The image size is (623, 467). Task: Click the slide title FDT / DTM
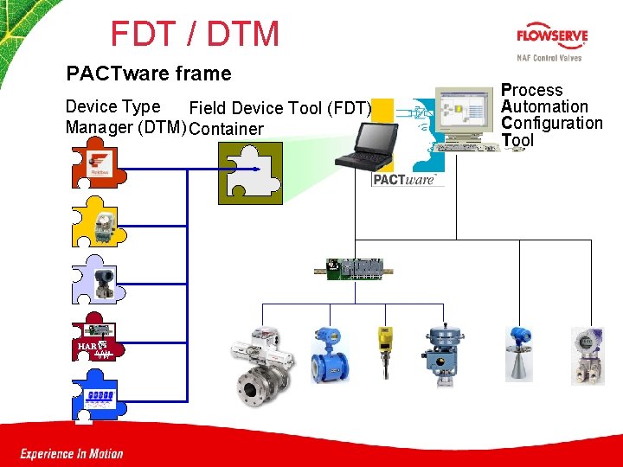[195, 35]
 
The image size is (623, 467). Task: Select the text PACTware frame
[149, 74]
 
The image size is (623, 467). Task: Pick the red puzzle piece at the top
[96, 167]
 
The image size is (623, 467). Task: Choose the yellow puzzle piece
[98, 223]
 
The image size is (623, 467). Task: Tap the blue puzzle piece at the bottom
[94, 397]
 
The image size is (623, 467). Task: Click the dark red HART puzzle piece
[95, 340]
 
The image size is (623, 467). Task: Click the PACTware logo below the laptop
[403, 180]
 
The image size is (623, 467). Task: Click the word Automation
[544, 106]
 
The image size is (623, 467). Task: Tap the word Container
[226, 130]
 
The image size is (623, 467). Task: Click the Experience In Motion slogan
[72, 453]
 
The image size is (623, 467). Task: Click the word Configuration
[552, 123]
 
